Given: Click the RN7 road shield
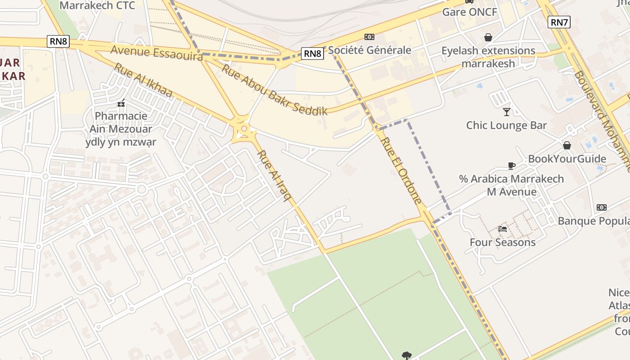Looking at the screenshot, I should pyautogui.click(x=559, y=22).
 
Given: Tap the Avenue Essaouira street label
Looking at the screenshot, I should pyautogui.click(x=156, y=52).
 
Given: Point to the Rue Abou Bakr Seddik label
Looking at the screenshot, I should pyautogui.click(x=274, y=90).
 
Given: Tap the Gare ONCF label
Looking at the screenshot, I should pyautogui.click(x=469, y=12).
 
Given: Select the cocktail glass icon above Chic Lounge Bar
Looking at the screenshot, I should pyautogui.click(x=507, y=112).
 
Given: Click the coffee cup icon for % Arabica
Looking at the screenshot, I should pyautogui.click(x=511, y=166).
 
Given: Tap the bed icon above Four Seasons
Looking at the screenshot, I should pyautogui.click(x=503, y=229).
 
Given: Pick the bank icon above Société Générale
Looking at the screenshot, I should pyautogui.click(x=369, y=37).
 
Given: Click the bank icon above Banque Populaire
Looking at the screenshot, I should pyautogui.click(x=601, y=207).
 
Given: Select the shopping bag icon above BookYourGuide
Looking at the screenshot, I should pyautogui.click(x=567, y=145).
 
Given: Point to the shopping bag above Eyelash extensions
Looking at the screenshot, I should pyautogui.click(x=488, y=37).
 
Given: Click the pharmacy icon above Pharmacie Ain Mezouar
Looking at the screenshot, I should pyautogui.click(x=121, y=103).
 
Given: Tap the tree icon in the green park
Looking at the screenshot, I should pyautogui.click(x=407, y=355).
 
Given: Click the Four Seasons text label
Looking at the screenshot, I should pyautogui.click(x=503, y=243).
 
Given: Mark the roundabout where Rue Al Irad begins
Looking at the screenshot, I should pyautogui.click(x=243, y=129).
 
